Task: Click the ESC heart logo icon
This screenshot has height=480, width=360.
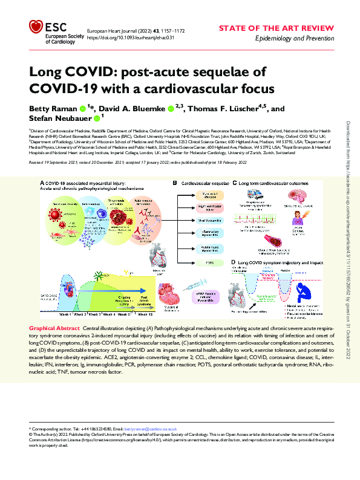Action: coord(38,27)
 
